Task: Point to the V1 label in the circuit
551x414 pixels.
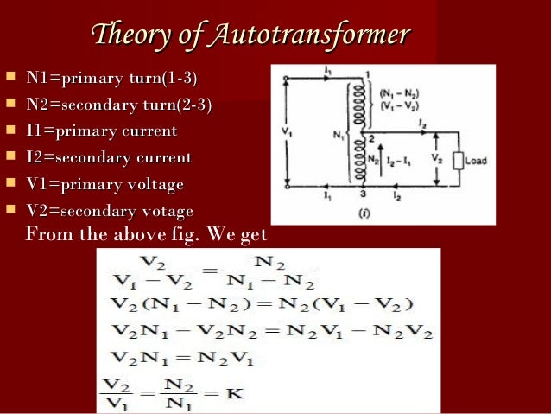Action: coord(287,132)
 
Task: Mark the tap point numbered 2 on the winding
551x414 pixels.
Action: coord(369,138)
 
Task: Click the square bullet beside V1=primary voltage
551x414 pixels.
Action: coord(10,184)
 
